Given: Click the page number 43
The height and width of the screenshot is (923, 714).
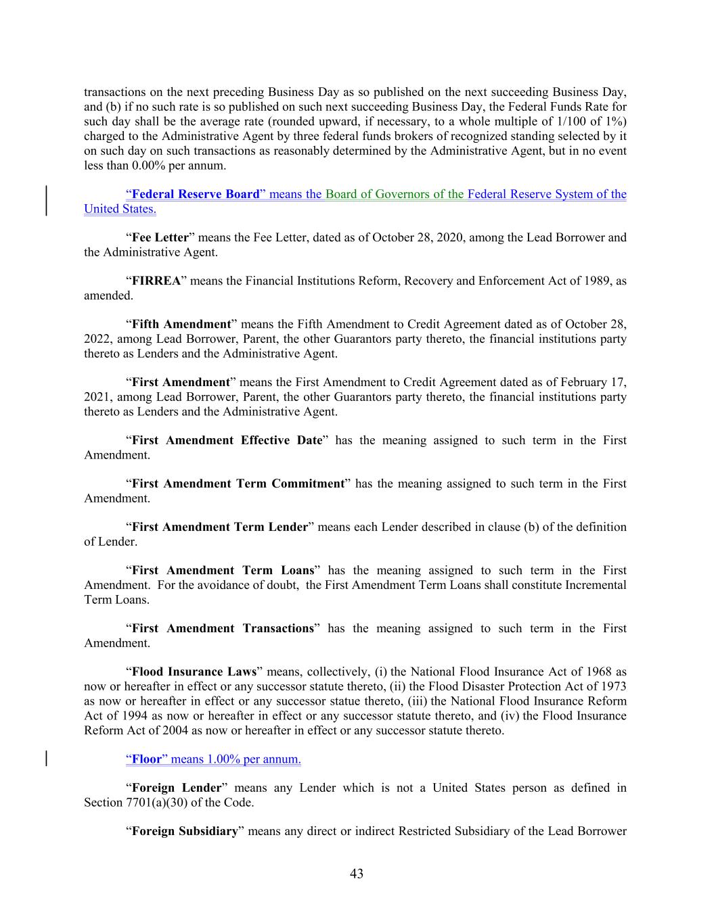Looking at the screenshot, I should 357,874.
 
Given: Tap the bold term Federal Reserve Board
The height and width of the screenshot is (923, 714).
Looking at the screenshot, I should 196,195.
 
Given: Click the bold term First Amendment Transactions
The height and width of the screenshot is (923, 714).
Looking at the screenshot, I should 223,629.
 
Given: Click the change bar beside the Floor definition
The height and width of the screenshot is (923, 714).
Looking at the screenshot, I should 47,759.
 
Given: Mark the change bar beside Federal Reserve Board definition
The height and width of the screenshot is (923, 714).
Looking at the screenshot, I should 47,202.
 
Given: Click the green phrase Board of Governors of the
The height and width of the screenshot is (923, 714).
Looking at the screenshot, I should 395,195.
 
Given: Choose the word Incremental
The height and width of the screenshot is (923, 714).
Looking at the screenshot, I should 591,585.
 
